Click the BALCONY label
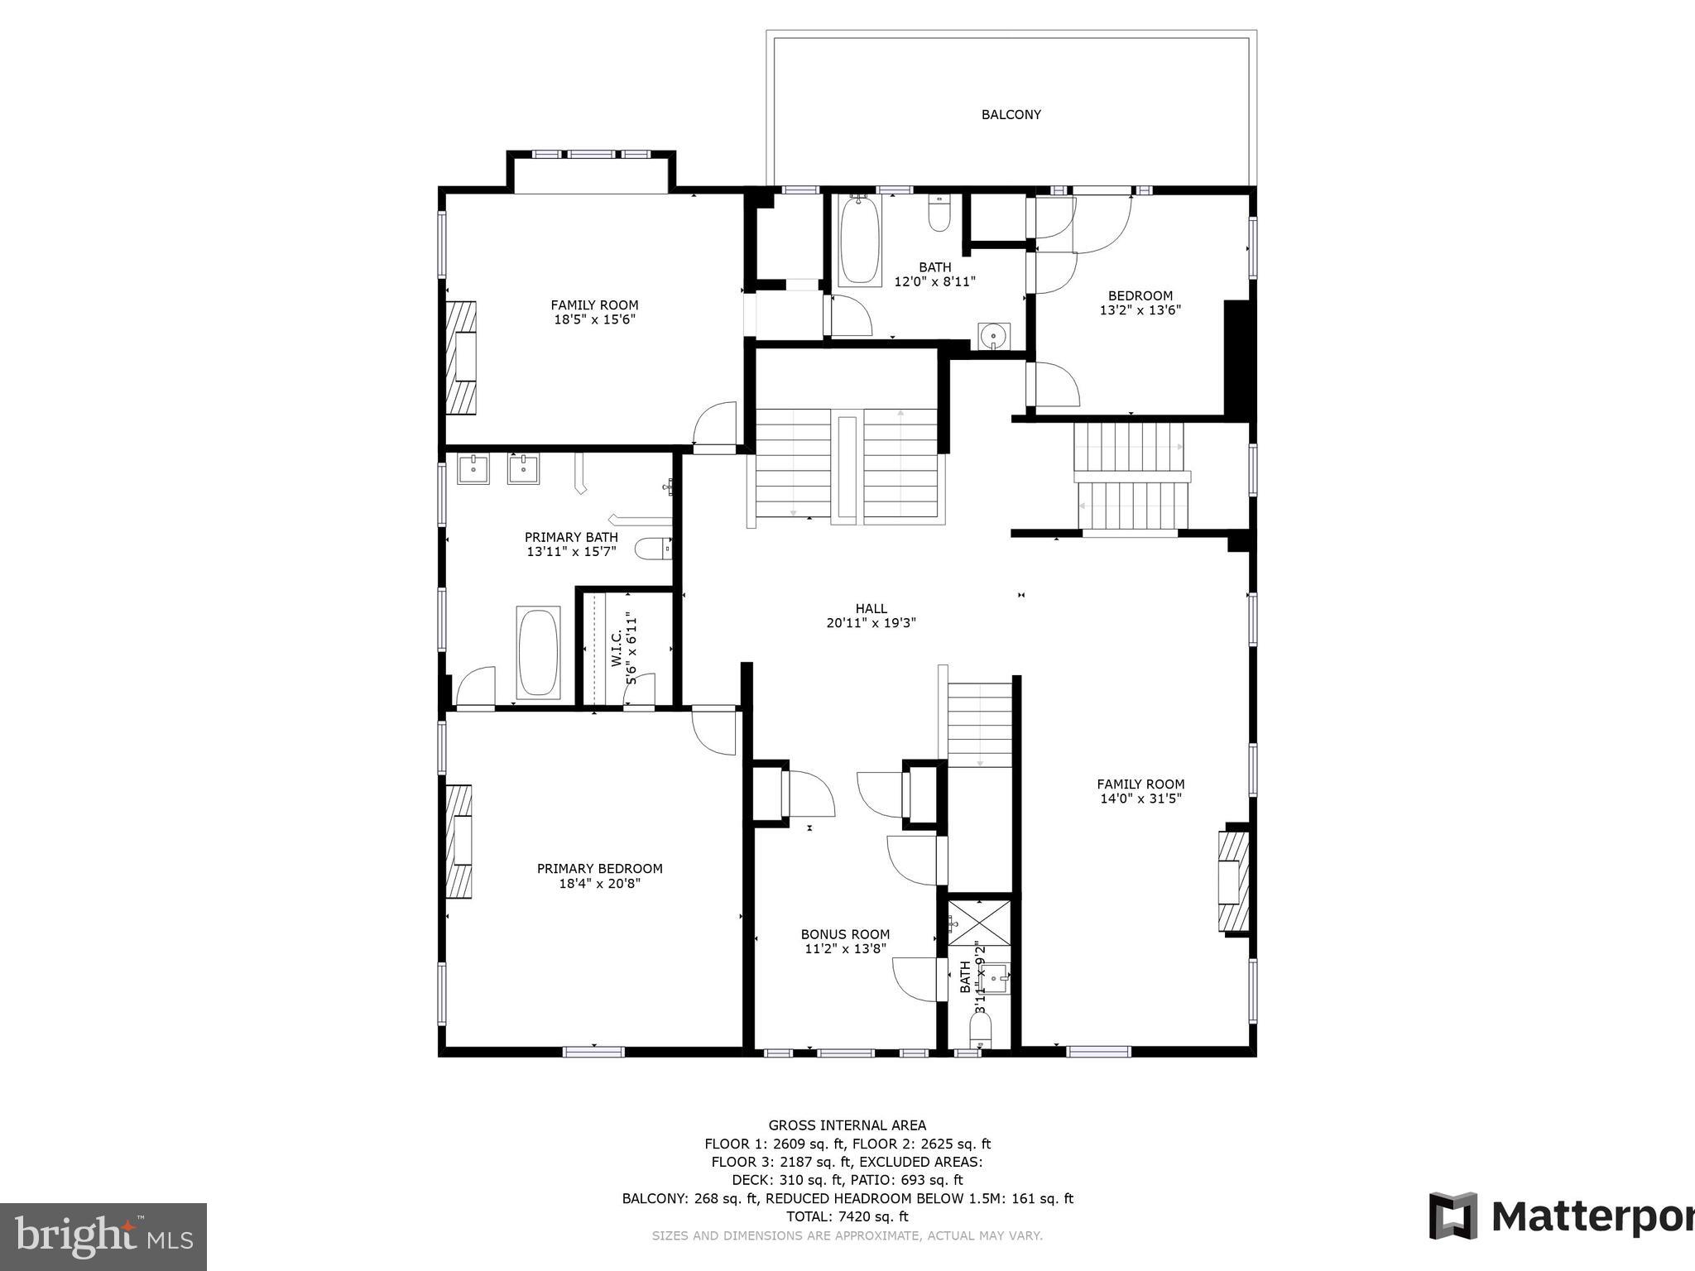(1011, 115)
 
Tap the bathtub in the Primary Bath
(538, 653)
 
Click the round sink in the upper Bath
(992, 336)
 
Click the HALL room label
(871, 608)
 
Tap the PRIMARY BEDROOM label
(600, 869)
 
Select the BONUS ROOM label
(845, 935)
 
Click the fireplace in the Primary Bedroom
(459, 842)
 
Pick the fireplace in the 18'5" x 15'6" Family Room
(462, 357)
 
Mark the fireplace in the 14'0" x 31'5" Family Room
(1232, 880)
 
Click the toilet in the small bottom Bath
(980, 1030)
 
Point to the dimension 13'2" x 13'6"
(1140, 310)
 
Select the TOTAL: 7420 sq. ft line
(847, 1216)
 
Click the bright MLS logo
(103, 1237)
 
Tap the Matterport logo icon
(1453, 1216)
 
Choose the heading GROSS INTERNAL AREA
(847, 1125)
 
